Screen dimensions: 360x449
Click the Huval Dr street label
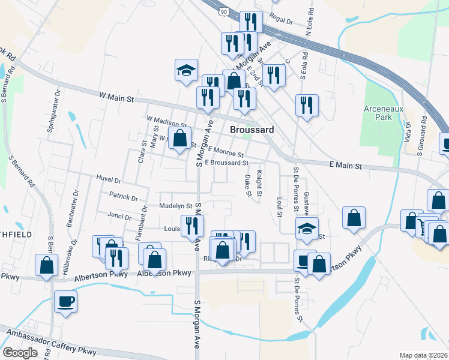click(109, 179)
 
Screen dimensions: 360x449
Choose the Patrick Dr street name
click(124, 196)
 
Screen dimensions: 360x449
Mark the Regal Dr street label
click(281, 20)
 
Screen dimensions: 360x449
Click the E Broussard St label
click(226, 163)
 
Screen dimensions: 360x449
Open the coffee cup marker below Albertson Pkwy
click(65, 301)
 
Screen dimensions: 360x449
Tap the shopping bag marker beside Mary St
click(179, 138)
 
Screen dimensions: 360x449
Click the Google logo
click(20, 353)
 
